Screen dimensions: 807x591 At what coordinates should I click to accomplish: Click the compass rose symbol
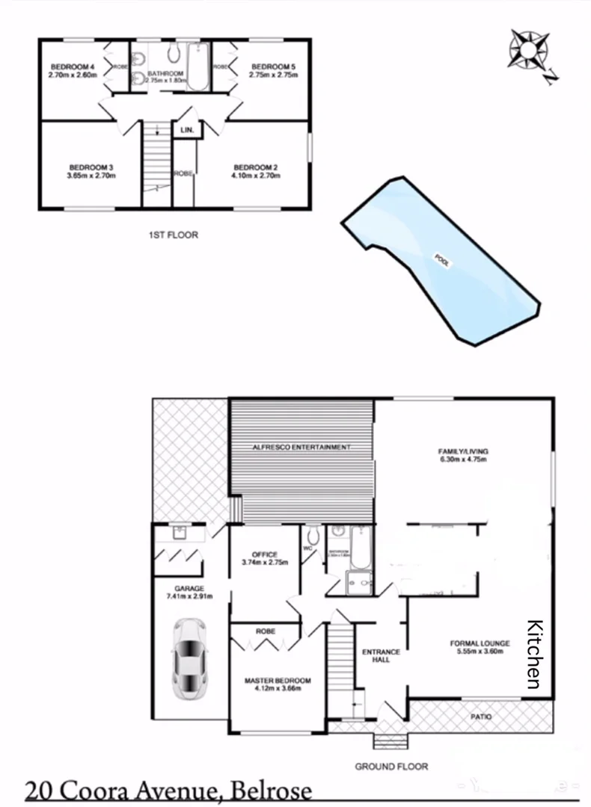(529, 51)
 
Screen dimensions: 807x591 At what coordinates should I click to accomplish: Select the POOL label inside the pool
(442, 261)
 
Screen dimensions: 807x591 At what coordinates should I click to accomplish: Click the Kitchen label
(535, 655)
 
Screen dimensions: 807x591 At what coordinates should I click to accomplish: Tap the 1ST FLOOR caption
(173, 235)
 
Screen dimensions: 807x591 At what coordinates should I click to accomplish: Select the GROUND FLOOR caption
(391, 766)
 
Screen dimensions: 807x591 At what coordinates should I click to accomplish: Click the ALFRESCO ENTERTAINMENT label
(301, 447)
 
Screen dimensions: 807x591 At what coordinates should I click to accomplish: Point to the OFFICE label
(265, 554)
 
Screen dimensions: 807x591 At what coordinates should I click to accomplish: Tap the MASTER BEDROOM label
(278, 681)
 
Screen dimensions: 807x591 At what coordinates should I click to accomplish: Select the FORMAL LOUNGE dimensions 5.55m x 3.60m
(480, 652)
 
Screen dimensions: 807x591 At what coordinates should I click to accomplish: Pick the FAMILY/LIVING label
(462, 451)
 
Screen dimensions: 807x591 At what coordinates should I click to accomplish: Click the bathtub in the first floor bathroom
(198, 67)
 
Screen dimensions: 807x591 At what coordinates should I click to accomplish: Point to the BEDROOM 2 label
(257, 167)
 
